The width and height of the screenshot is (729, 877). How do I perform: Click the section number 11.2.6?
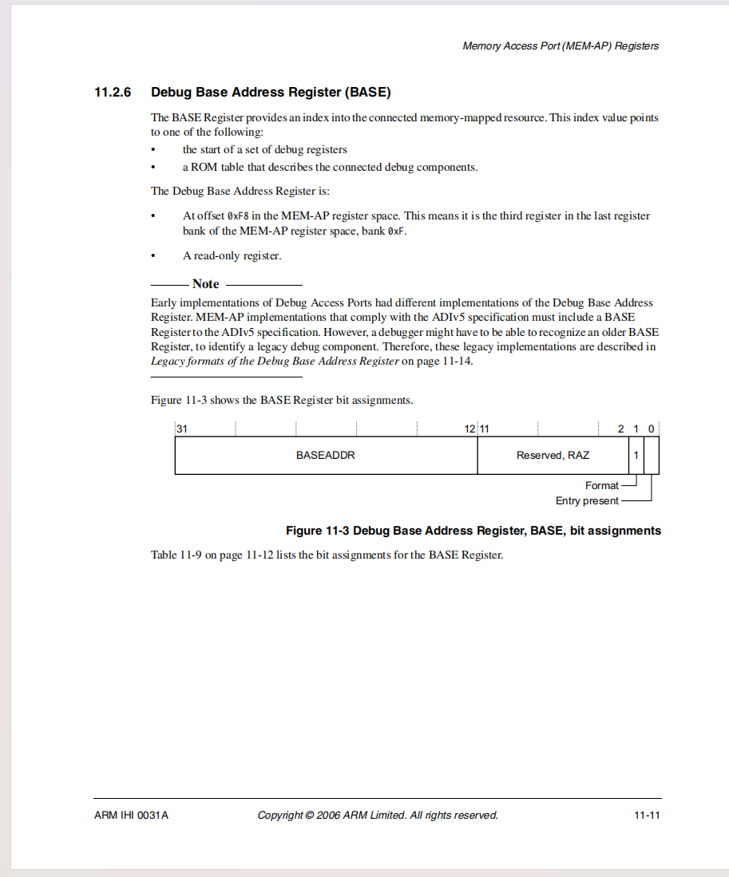click(x=113, y=93)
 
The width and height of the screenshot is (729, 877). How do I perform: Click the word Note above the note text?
click(x=205, y=284)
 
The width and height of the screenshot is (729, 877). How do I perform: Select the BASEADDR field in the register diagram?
click(x=325, y=456)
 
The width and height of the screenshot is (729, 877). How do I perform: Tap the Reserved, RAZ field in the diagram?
click(x=553, y=456)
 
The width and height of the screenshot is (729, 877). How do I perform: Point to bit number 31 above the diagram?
click(x=182, y=429)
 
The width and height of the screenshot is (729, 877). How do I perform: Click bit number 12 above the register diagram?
click(x=469, y=429)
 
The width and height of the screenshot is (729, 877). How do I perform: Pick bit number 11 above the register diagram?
click(x=485, y=429)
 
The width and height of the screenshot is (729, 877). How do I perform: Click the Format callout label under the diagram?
click(x=601, y=485)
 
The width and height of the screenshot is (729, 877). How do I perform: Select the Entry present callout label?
click(x=587, y=501)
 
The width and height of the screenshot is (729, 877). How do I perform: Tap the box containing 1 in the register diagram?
click(x=636, y=456)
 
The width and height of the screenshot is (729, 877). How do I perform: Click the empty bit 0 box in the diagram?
click(x=652, y=456)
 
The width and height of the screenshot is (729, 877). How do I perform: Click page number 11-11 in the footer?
click(x=647, y=816)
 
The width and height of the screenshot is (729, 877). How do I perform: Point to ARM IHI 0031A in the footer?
click(x=131, y=816)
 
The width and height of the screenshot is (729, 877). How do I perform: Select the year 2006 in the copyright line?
click(x=328, y=816)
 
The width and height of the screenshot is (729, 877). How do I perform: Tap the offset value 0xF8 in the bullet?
click(x=238, y=216)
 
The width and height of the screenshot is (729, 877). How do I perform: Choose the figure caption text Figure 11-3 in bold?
click(x=317, y=531)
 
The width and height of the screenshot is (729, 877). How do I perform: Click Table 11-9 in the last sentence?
click(x=176, y=555)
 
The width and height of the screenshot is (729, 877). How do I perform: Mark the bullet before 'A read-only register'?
click(x=154, y=256)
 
